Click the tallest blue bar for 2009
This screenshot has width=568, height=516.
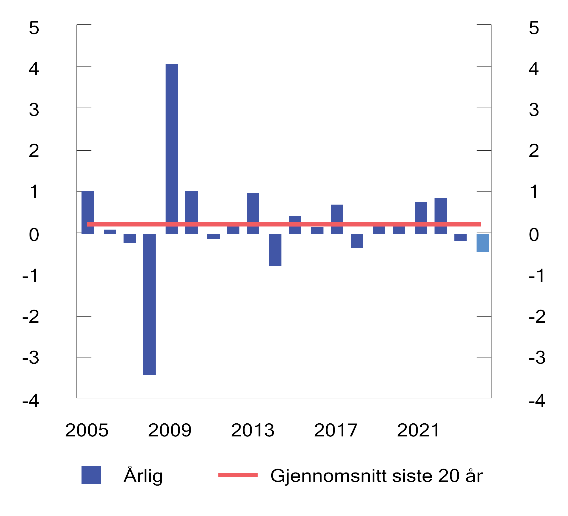(172, 142)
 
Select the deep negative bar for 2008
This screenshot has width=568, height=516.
(149, 304)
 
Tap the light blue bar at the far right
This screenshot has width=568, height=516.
(483, 243)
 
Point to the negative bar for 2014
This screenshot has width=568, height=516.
(275, 250)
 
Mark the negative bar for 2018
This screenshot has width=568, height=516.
(357, 241)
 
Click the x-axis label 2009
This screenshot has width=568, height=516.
(170, 430)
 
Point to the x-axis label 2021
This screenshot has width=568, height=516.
(418, 430)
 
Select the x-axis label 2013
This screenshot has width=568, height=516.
(252, 430)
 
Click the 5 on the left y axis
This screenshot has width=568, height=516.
(34, 28)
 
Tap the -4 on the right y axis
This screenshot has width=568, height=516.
(536, 401)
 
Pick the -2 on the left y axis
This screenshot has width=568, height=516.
(31, 317)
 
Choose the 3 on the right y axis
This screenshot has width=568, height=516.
(534, 110)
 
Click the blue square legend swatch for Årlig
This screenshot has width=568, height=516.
(91, 475)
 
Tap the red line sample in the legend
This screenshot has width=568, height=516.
(238, 475)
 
